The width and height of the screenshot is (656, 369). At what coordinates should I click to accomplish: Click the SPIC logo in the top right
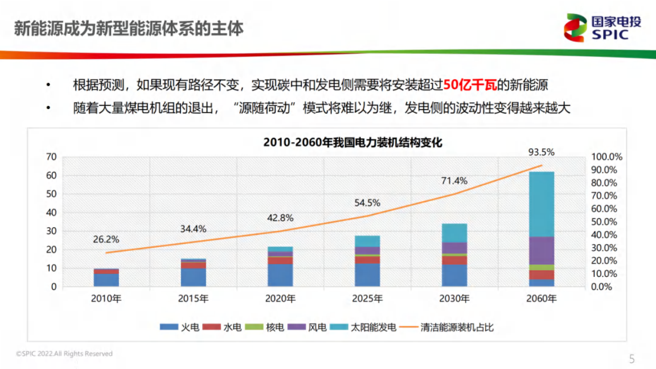click(x=603, y=28)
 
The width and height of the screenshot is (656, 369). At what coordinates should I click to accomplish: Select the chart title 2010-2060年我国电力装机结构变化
click(x=352, y=142)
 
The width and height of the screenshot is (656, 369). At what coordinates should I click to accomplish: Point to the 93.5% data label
click(x=541, y=152)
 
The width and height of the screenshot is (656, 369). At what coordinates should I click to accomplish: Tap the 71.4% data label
click(x=454, y=181)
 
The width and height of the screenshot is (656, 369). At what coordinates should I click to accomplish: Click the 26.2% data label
click(x=106, y=239)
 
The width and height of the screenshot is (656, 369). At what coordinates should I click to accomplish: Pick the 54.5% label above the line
click(x=367, y=203)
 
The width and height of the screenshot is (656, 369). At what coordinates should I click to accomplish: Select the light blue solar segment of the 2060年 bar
click(x=541, y=204)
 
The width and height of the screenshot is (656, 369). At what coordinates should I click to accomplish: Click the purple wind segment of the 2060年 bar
click(x=541, y=250)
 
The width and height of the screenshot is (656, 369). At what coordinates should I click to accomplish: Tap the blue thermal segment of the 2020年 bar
click(x=280, y=275)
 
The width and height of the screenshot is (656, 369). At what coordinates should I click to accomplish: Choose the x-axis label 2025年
click(x=367, y=299)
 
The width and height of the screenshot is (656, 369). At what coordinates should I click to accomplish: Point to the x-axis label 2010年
click(x=106, y=299)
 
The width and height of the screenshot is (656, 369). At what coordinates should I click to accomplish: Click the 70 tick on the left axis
click(x=51, y=157)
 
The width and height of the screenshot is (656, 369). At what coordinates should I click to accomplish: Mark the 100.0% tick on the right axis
click(x=606, y=157)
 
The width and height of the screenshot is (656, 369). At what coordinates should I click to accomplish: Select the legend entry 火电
click(x=180, y=327)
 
